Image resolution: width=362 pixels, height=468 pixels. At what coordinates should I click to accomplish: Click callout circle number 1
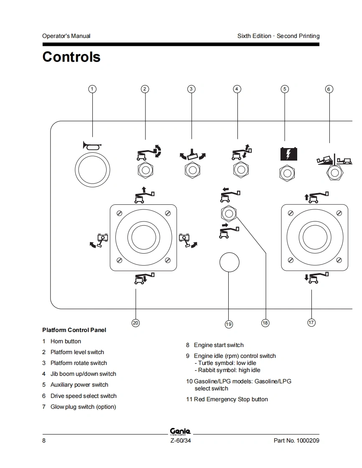point(92,89)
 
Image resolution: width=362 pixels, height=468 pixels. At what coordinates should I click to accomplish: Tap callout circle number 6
point(329,89)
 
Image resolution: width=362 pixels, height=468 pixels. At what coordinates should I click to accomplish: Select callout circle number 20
point(135,323)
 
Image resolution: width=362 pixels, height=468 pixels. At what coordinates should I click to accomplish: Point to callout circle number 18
point(265,323)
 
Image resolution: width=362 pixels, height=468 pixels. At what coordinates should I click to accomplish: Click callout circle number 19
point(229,324)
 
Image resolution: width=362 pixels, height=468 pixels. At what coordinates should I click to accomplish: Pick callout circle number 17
point(311,322)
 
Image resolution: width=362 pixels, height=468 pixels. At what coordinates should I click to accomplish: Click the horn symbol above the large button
point(92,145)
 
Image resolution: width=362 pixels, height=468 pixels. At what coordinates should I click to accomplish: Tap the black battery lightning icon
point(288,154)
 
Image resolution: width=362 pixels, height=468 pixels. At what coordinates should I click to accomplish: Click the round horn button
point(92,170)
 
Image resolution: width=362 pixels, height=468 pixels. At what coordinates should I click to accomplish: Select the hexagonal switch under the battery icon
point(287,174)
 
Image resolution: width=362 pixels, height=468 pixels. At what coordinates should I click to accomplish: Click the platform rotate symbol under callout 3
point(193,154)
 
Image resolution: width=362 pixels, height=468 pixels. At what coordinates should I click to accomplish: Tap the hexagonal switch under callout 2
point(145,170)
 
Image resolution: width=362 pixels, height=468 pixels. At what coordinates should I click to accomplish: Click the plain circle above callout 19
point(229,262)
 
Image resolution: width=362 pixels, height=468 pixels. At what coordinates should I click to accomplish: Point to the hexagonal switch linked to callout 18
point(229,214)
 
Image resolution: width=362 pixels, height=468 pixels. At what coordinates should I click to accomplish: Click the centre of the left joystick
point(144,238)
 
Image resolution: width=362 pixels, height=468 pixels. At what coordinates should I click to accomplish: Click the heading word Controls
point(71,57)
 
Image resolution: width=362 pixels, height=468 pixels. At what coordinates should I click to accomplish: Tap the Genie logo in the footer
point(181,431)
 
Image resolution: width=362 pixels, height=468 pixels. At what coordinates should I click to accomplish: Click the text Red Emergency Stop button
point(231,399)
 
